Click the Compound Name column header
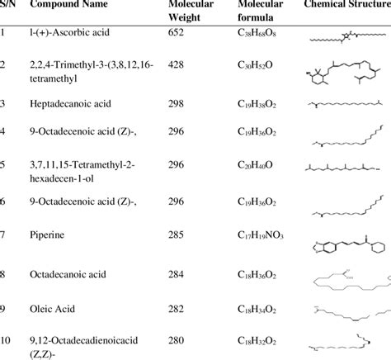click(x=65, y=7)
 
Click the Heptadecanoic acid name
click(x=75, y=105)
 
